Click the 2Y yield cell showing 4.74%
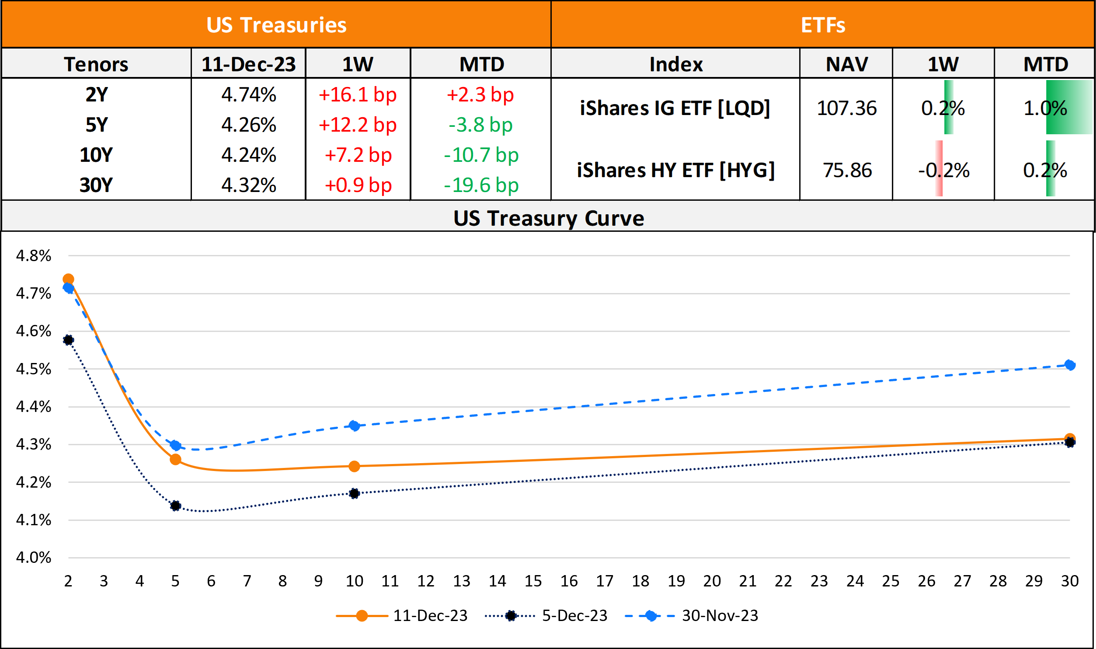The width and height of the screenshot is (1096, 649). pyautogui.click(x=248, y=95)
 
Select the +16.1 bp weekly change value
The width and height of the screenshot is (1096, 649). pyautogui.click(x=358, y=95)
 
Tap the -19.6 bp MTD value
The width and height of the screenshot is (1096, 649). pyautogui.click(x=481, y=185)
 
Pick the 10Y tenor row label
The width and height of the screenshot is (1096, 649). pyautogui.click(x=96, y=155)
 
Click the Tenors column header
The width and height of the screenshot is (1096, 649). pyautogui.click(x=96, y=65)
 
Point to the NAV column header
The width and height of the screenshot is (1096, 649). pyautogui.click(x=846, y=65)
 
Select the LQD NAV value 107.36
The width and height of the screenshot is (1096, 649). pyautogui.click(x=846, y=108)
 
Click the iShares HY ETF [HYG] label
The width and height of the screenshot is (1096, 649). pyautogui.click(x=675, y=170)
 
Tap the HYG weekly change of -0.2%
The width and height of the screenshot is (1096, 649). pyautogui.click(x=943, y=170)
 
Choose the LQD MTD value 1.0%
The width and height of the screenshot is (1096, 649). pyautogui.click(x=1045, y=108)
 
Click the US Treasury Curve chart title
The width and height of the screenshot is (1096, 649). pyautogui.click(x=549, y=218)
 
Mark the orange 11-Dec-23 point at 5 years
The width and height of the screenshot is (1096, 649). pyautogui.click(x=175, y=460)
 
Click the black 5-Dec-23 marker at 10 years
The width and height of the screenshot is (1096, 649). pyautogui.click(x=354, y=494)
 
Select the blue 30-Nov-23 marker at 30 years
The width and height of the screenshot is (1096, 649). pyautogui.click(x=1070, y=365)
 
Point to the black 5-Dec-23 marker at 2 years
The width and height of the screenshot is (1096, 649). pyautogui.click(x=68, y=340)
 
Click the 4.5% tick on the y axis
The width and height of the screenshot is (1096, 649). pyautogui.click(x=33, y=369)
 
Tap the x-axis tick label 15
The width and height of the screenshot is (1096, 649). pyautogui.click(x=533, y=581)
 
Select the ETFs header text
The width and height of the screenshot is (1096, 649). pyautogui.click(x=823, y=25)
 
